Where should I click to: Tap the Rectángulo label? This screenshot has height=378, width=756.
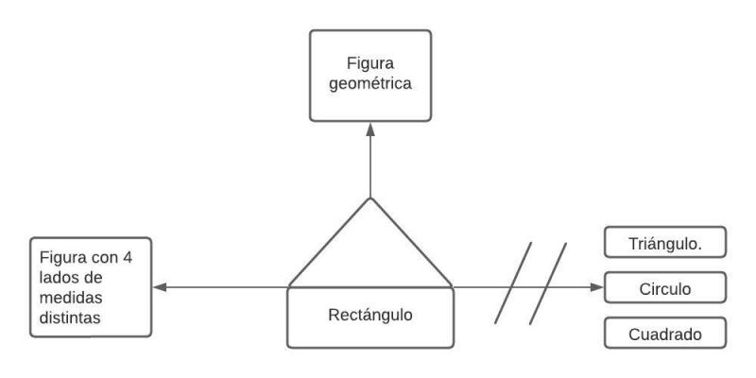pyautogui.click(x=370, y=316)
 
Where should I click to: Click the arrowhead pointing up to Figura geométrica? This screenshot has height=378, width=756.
pyautogui.click(x=370, y=130)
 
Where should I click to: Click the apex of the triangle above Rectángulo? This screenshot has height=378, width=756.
pyautogui.click(x=370, y=198)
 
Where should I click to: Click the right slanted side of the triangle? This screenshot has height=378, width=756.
pyautogui.click(x=411, y=240)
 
